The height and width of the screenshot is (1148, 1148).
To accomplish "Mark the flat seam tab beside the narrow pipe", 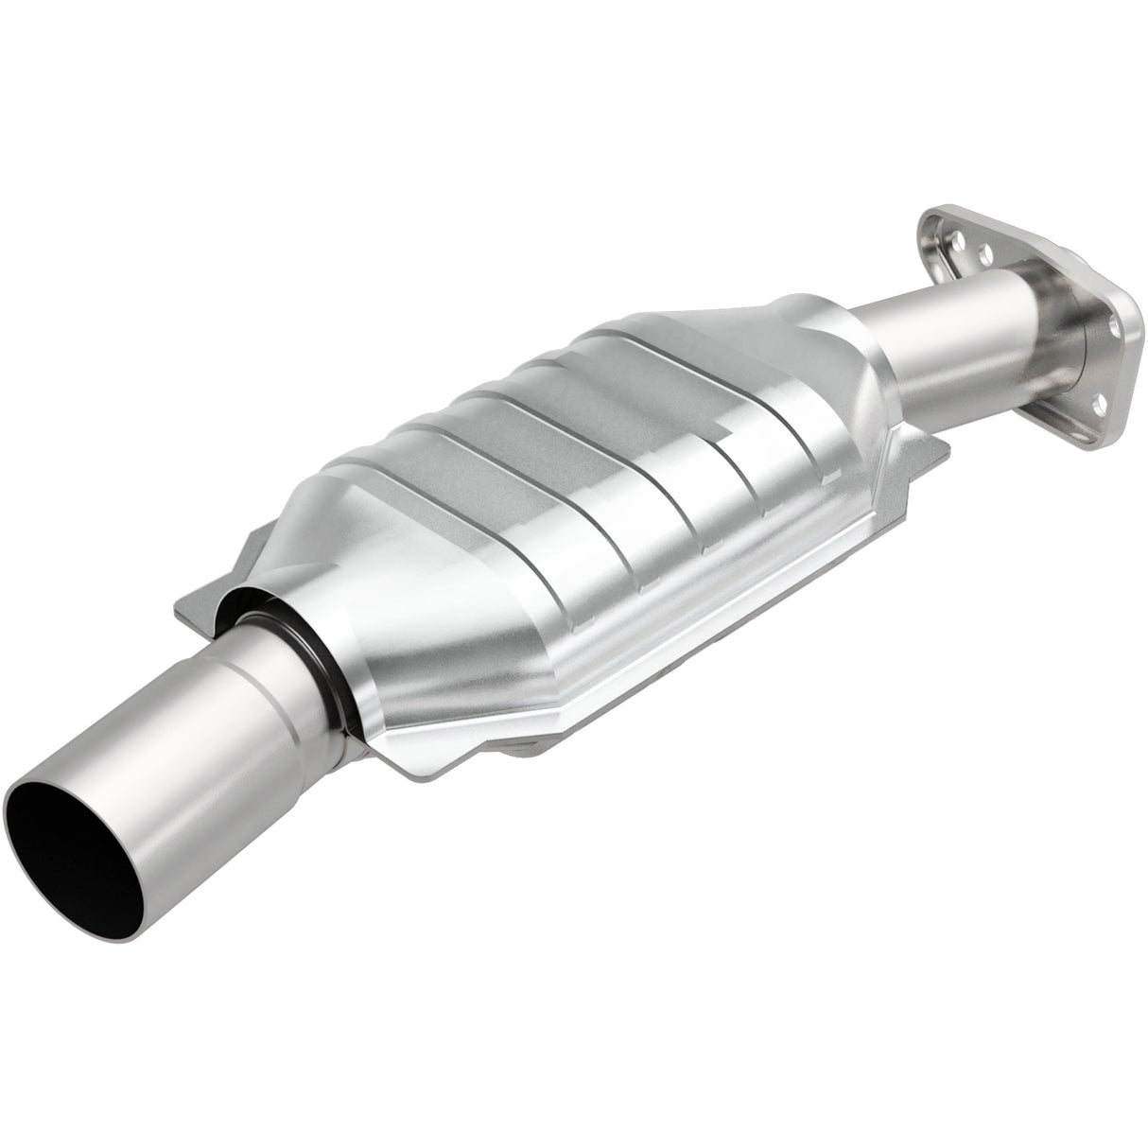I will tap(922, 444).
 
